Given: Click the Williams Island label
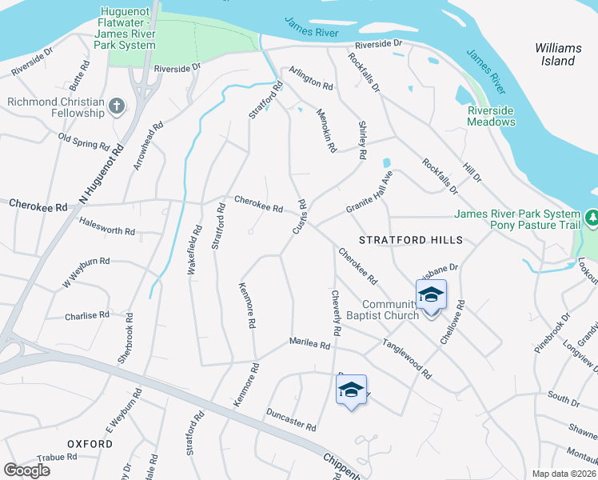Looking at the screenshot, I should [x=556, y=54].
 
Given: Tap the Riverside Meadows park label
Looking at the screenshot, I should [x=492, y=116].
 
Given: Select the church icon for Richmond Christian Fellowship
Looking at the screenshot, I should [x=117, y=106].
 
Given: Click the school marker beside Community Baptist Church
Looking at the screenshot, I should [x=431, y=296].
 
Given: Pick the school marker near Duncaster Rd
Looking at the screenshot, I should [x=351, y=390].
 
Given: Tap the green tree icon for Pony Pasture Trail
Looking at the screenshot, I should [x=592, y=217].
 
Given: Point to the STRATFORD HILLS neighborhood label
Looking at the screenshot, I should [x=410, y=240].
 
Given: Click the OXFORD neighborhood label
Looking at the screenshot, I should [x=90, y=443].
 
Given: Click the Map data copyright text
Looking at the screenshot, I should [x=564, y=474].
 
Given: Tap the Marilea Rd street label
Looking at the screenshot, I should [x=309, y=345].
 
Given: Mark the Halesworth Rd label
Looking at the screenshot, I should [x=108, y=230].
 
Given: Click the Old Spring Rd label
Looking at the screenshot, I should [x=84, y=141].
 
